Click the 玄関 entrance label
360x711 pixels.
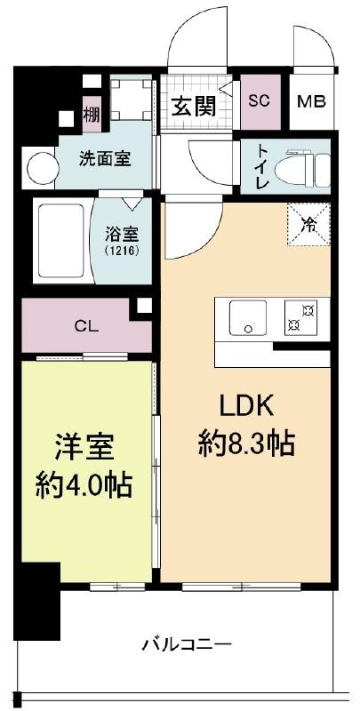pyautogui.click(x=193, y=107)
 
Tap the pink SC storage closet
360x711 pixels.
pyautogui.click(x=260, y=101)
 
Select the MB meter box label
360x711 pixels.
pyautogui.click(x=312, y=101)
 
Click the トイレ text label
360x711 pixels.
pyautogui.click(x=263, y=166)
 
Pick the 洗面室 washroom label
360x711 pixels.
pyautogui.click(x=105, y=159)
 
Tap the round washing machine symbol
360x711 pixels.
pyautogui.click(x=43, y=168)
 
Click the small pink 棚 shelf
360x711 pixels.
pyautogui.click(x=92, y=114)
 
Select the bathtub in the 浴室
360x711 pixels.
pyautogui.click(x=61, y=240)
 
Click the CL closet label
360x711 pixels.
pyautogui.click(x=86, y=325)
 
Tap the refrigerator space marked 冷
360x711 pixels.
pyautogui.click(x=308, y=225)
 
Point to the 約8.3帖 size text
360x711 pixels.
pyautogui.click(x=247, y=443)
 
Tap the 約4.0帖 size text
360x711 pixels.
pyautogui.click(x=84, y=484)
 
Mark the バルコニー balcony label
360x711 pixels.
pyautogui.click(x=188, y=644)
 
